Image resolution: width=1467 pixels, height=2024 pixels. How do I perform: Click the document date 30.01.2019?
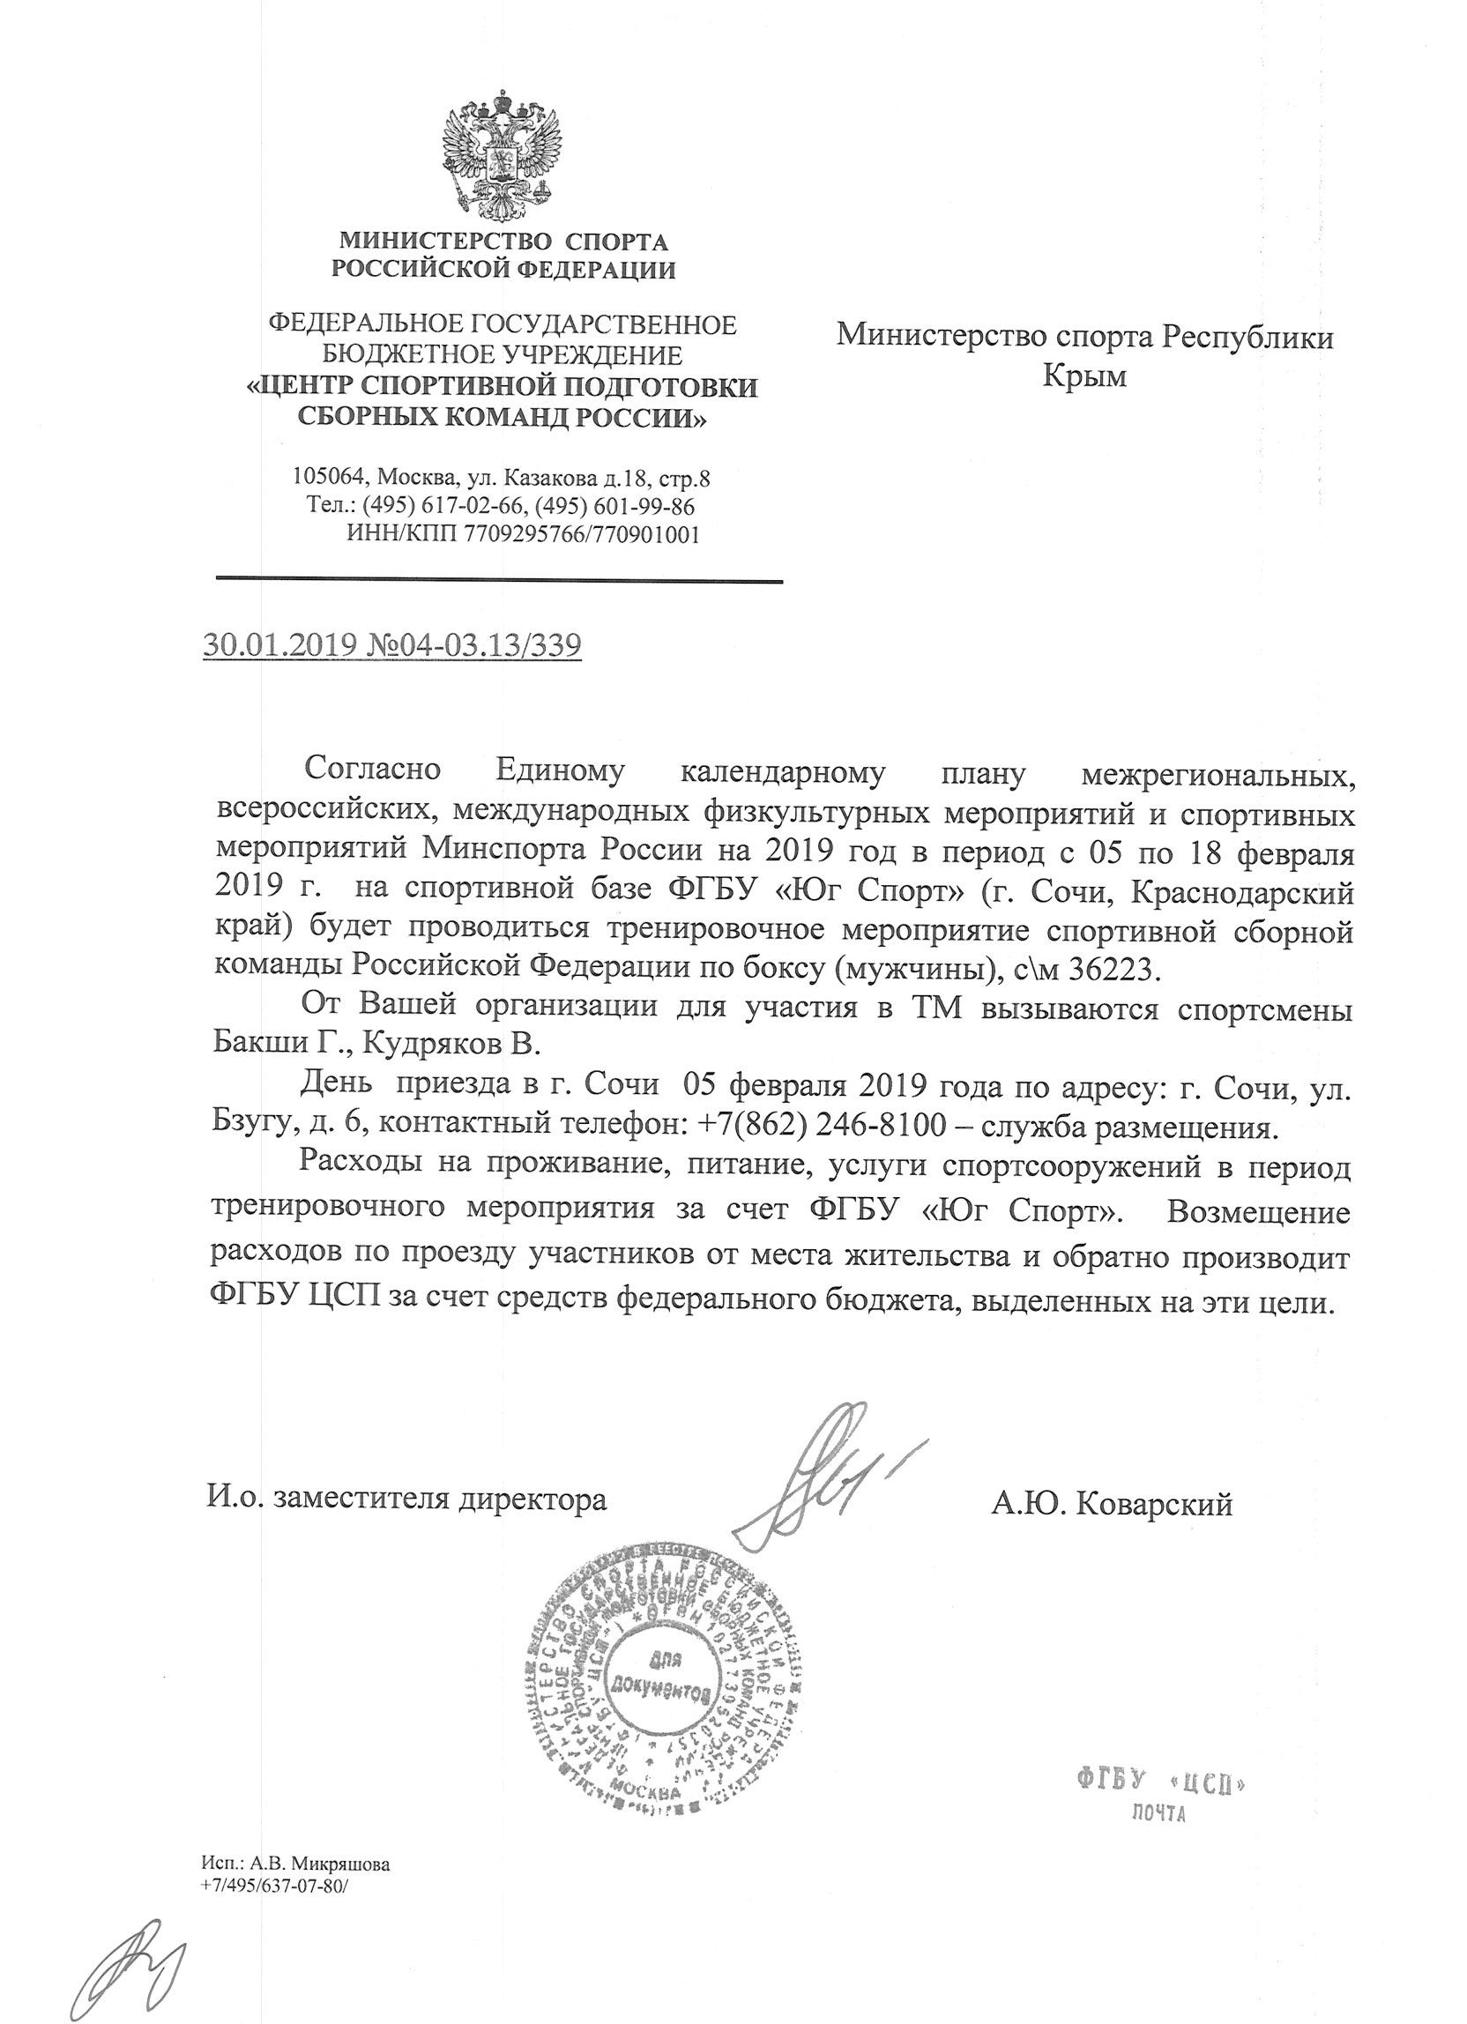(279, 645)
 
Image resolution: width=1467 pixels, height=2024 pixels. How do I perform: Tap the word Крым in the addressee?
(1084, 376)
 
